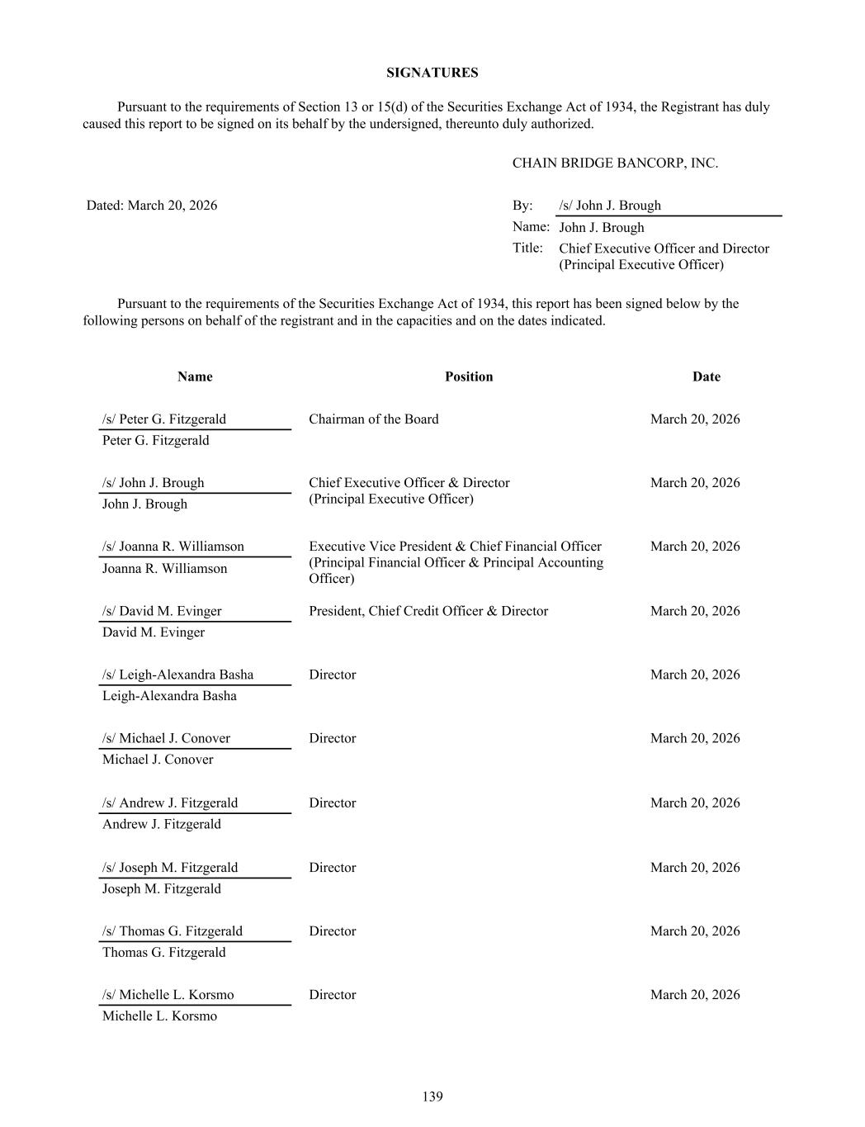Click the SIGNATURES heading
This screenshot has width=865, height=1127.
click(432, 73)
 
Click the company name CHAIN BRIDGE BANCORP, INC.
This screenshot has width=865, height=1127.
click(615, 163)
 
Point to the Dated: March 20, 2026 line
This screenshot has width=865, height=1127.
click(152, 205)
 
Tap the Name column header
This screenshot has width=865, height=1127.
click(195, 376)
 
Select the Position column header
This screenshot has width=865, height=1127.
click(468, 376)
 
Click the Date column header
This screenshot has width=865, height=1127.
click(706, 376)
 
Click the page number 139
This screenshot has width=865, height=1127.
click(432, 1096)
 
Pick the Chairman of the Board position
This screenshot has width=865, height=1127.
click(374, 419)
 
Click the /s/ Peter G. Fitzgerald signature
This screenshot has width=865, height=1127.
click(164, 419)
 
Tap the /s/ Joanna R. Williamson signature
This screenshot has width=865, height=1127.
click(173, 546)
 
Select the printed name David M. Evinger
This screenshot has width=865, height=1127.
click(154, 632)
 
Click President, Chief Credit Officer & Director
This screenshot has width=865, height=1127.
click(428, 611)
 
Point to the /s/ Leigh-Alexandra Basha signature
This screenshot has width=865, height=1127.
click(178, 675)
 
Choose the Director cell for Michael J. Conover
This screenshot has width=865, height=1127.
click(333, 738)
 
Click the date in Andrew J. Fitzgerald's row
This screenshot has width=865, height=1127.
click(695, 803)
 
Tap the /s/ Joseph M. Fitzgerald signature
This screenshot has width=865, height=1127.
click(170, 867)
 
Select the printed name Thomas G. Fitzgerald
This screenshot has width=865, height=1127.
click(163, 952)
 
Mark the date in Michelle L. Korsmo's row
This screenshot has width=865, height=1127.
click(695, 994)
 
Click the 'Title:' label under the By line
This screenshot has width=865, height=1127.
click(527, 248)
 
